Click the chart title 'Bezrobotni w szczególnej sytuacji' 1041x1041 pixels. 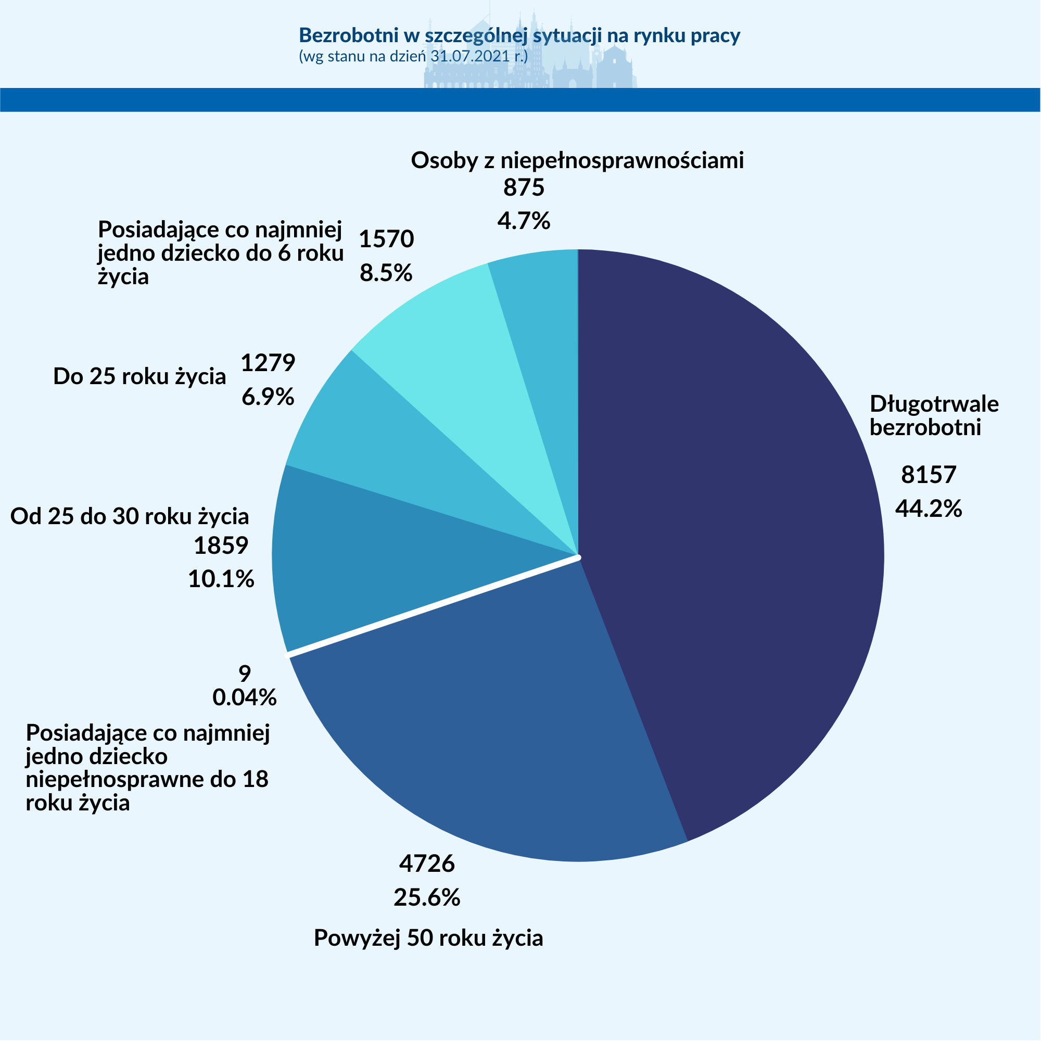[x=519, y=35]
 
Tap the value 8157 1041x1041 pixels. [x=929, y=475]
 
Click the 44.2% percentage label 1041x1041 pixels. [x=929, y=508]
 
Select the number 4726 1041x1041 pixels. [x=427, y=863]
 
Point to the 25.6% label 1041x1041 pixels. [x=427, y=897]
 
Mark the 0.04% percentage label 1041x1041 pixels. [x=245, y=697]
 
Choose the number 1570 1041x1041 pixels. [x=386, y=239]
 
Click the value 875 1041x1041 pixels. [x=524, y=187]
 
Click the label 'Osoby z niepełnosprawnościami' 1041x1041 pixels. [x=577, y=160]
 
